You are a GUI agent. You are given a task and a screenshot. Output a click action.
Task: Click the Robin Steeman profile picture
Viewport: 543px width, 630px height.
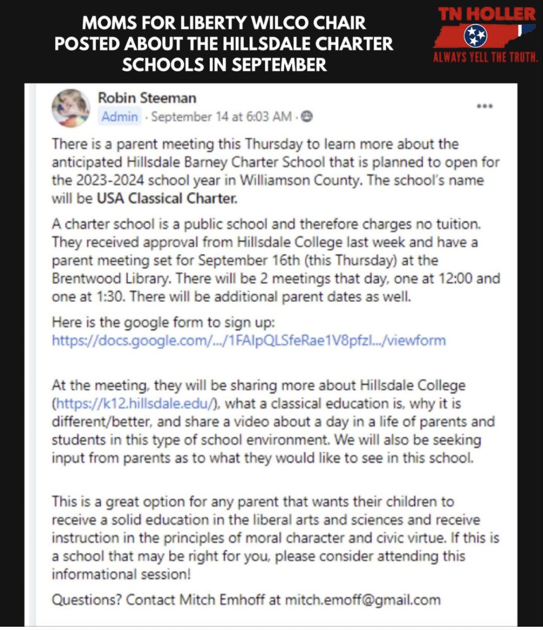pos(71,108)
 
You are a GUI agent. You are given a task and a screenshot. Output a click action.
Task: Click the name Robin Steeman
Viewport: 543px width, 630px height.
pos(147,98)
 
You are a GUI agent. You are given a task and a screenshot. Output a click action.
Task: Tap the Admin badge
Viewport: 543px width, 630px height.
pos(120,116)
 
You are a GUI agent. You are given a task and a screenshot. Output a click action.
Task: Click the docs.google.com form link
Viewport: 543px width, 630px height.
pos(249,341)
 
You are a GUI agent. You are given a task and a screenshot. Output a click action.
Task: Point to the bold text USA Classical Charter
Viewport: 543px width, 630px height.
pos(167,199)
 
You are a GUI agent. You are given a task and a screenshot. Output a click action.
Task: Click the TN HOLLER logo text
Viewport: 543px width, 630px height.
pos(487,14)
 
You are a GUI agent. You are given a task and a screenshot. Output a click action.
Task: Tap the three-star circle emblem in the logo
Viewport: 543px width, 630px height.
pos(475,36)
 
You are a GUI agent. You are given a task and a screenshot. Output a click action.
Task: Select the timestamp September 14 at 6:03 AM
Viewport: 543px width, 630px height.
pos(221,116)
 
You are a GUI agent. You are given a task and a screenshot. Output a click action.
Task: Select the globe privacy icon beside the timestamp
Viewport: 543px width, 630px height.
pos(307,116)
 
